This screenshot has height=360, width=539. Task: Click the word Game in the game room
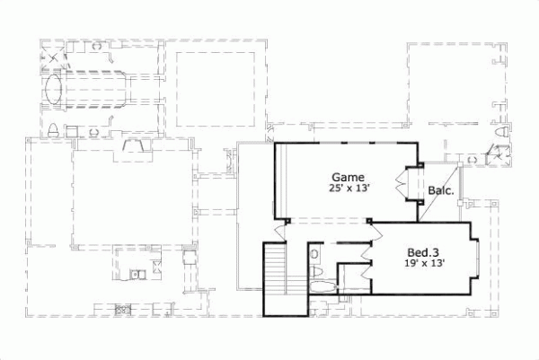(x=347, y=177)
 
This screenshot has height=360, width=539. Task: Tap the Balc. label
(x=440, y=190)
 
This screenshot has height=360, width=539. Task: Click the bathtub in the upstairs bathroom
(x=320, y=287)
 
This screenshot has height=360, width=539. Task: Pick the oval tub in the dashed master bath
(x=55, y=92)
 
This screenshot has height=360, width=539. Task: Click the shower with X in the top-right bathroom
(x=492, y=154)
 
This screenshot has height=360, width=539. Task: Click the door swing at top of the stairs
(x=279, y=231)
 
